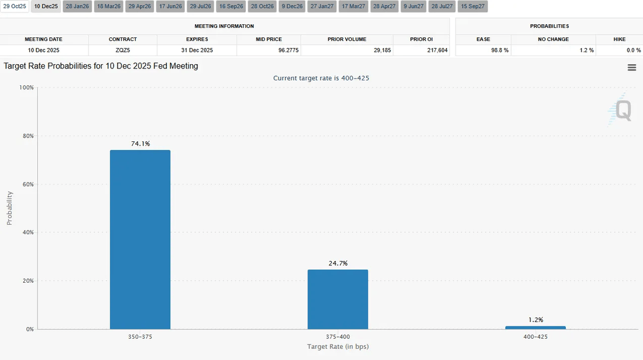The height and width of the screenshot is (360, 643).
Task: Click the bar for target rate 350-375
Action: pyautogui.click(x=140, y=239)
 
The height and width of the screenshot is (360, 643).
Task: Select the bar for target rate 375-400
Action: pyautogui.click(x=337, y=299)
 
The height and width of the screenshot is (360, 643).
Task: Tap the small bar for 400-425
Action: pyautogui.click(x=535, y=328)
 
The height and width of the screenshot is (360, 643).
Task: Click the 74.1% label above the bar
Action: pyautogui.click(x=140, y=144)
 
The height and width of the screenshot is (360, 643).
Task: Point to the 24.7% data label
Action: pyautogui.click(x=337, y=263)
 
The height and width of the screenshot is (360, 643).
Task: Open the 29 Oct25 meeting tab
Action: pyautogui.click(x=15, y=6)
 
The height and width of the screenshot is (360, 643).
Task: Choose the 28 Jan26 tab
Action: pyautogui.click(x=77, y=6)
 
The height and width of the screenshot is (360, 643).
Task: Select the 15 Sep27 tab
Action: pyautogui.click(x=473, y=6)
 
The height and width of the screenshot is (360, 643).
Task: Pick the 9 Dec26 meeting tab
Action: pyautogui.click(x=291, y=6)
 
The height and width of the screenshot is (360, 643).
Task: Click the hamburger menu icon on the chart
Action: pyautogui.click(x=632, y=67)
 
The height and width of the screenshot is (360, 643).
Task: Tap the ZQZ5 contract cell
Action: pyautogui.click(x=123, y=50)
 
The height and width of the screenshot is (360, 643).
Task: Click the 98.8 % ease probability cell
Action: pyautogui.click(x=500, y=50)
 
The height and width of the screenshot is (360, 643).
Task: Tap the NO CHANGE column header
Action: pyautogui.click(x=553, y=39)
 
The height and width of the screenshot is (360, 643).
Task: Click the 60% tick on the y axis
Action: pyautogui.click(x=27, y=184)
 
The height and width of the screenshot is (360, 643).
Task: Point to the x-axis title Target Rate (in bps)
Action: pyautogui.click(x=337, y=346)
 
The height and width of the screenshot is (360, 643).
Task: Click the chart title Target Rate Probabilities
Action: pyautogui.click(x=101, y=66)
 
